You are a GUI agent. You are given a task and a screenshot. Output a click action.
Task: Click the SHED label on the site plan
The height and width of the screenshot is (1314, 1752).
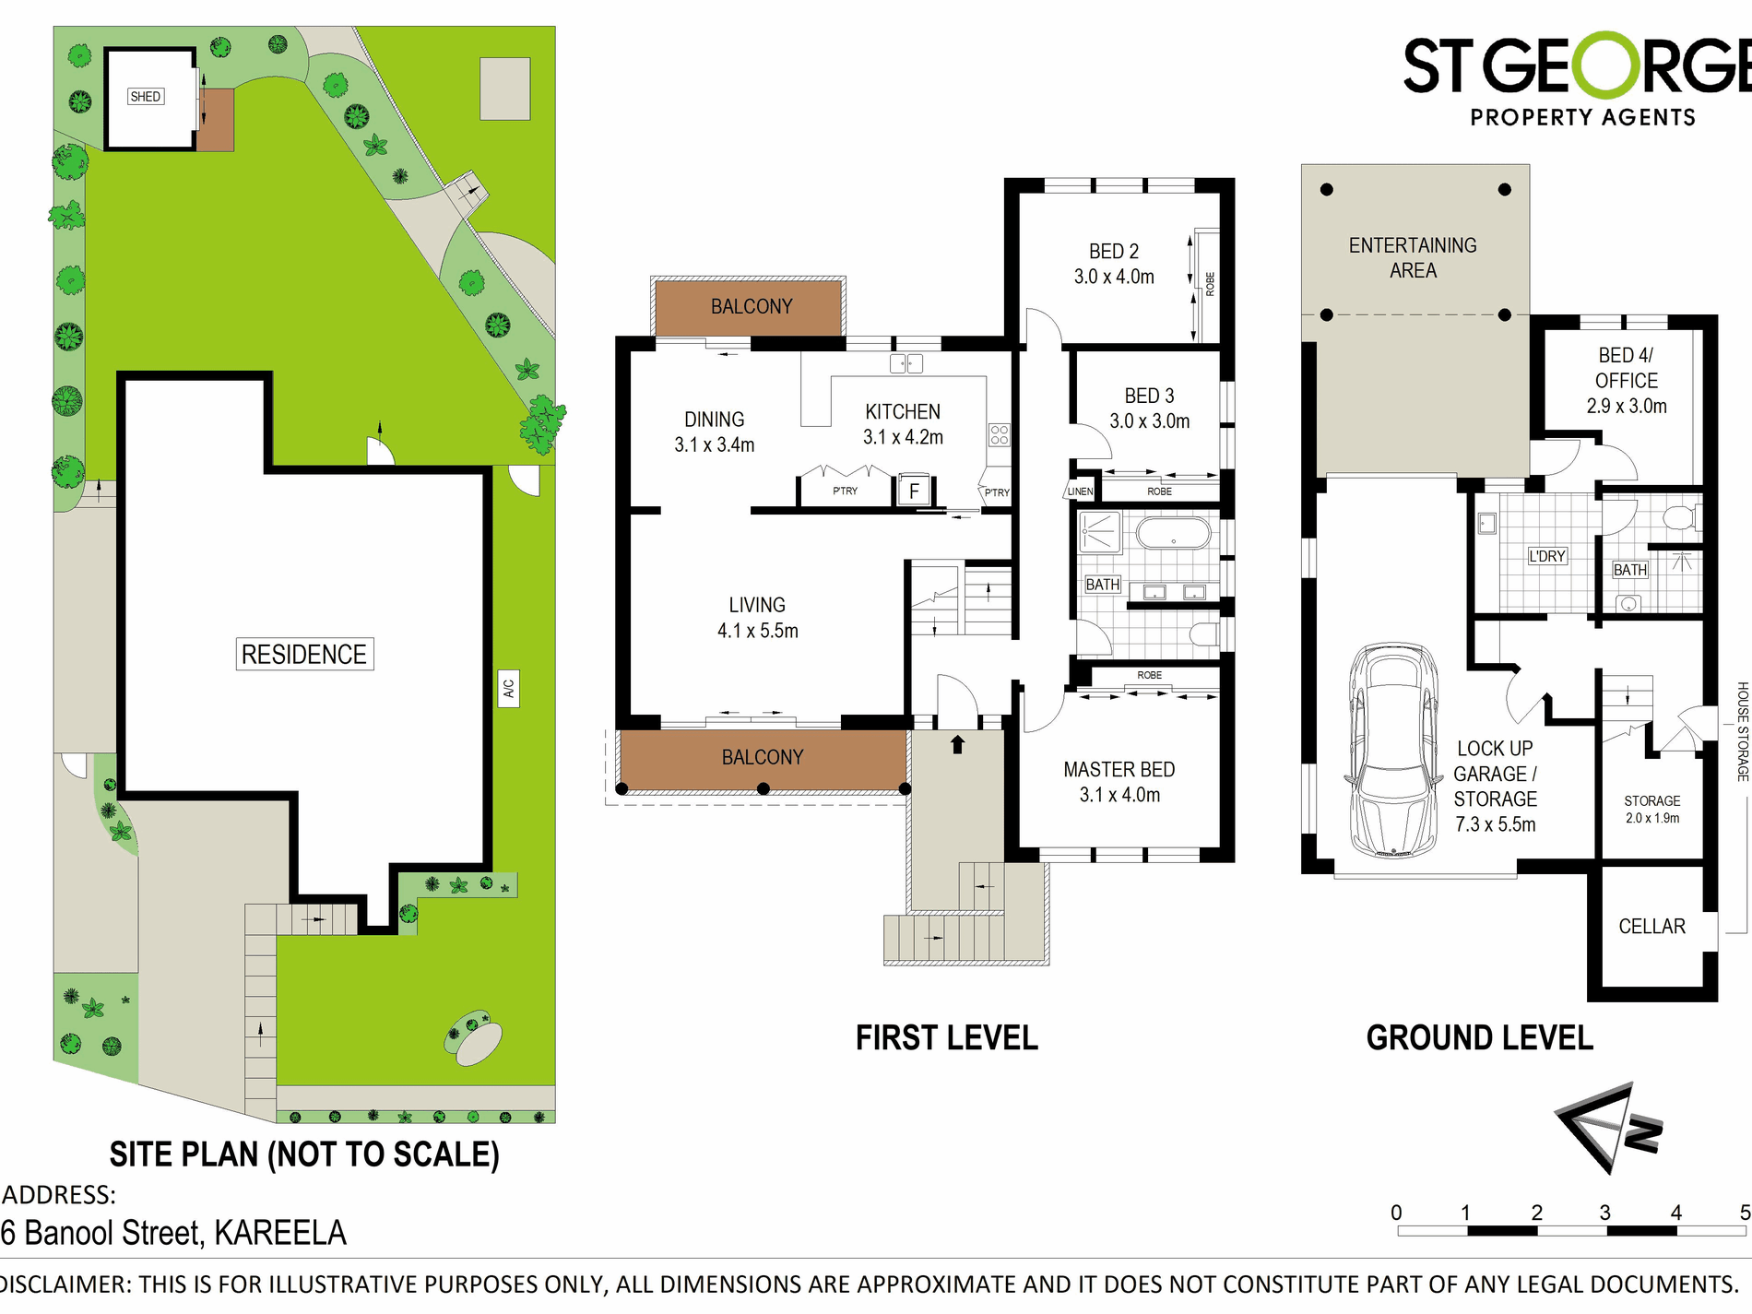pos(146,97)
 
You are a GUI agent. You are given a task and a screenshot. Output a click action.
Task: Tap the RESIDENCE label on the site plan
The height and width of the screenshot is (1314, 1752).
pos(304,654)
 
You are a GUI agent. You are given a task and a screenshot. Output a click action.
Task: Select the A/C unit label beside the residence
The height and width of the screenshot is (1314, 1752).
pos(508,688)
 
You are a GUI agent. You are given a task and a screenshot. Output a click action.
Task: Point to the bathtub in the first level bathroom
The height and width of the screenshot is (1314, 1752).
pos(1173,533)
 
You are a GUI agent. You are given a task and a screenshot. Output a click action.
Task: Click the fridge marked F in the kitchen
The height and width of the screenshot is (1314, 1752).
pos(913,490)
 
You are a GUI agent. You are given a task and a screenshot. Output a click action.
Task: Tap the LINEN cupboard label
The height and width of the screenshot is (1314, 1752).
pos(1080,491)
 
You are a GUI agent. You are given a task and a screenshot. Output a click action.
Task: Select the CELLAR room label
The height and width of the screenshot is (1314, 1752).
pos(1651,926)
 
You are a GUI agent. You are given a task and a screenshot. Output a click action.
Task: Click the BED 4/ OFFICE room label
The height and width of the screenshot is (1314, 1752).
pos(1627,380)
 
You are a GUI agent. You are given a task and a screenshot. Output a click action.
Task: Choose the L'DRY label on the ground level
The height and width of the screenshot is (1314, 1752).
pos(1547,556)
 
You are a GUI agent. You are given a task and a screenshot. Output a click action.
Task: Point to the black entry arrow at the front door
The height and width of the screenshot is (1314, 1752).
pos(957,744)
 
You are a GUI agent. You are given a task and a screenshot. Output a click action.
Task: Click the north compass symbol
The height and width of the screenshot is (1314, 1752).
pos(1609,1128)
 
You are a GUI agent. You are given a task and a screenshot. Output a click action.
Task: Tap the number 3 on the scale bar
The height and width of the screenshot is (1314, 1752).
pos(1605,1213)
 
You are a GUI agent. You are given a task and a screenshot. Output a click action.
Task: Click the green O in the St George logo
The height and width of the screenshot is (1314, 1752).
pos(1610,65)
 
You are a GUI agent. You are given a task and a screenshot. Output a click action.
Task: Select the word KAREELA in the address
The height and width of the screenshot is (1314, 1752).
pos(280,1233)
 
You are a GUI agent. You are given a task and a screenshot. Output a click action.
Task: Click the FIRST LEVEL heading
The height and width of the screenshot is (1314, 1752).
pos(947,1038)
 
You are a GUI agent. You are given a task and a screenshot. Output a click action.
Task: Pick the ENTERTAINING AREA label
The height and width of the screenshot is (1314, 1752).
pos(1413,258)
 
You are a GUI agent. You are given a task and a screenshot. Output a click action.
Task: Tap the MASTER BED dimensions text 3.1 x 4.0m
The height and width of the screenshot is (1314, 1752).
pos(1119,795)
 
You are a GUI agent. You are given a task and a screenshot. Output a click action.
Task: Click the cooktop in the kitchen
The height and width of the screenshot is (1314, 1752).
pos(1000,434)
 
